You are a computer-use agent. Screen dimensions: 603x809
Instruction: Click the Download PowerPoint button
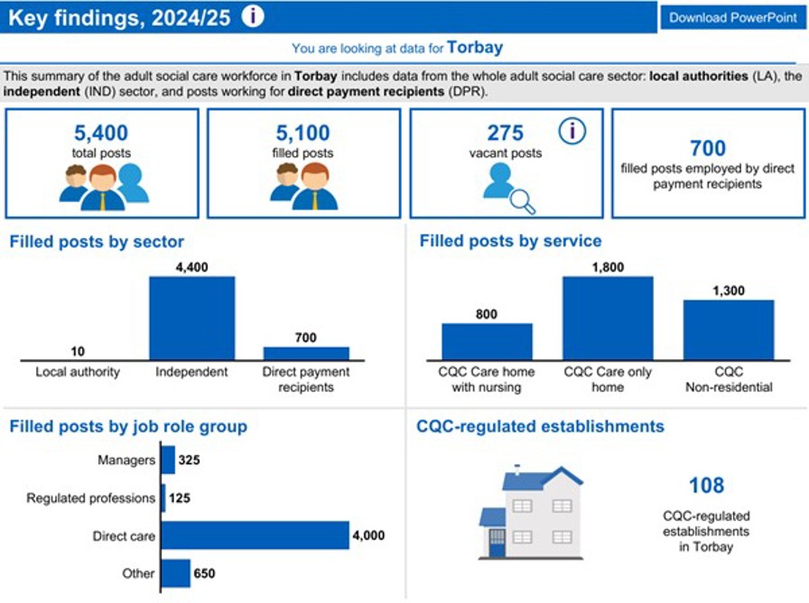(732, 17)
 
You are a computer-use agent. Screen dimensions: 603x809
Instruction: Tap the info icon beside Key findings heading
(254, 16)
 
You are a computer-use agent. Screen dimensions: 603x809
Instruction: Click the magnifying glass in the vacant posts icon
(522, 201)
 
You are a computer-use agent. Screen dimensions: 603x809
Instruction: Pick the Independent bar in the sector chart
(191, 318)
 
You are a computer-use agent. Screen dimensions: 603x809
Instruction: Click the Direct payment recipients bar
(306, 353)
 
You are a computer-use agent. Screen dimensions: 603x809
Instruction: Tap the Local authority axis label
(78, 372)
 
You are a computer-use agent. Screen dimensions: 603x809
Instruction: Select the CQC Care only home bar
(608, 318)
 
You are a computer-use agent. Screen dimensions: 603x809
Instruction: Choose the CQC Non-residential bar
(728, 329)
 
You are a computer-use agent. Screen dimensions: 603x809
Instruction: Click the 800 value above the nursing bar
(487, 314)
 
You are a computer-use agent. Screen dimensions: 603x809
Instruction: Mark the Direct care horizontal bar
(255, 535)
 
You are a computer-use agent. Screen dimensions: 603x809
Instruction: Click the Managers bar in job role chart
(168, 460)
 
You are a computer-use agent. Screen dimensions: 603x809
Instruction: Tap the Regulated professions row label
(90, 498)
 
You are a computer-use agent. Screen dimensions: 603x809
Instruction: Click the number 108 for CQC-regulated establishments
(706, 486)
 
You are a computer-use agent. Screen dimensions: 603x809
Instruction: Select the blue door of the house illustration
(497, 543)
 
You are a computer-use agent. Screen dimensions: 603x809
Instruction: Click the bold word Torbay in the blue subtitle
(475, 48)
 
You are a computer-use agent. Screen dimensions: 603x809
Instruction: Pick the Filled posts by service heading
(510, 242)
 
